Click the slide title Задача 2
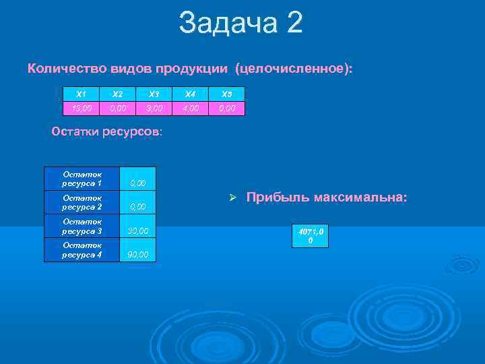point(241,23)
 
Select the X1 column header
point(81,94)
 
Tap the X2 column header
point(117,94)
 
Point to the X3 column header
point(154,94)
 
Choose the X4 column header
point(191,94)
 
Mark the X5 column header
point(227,94)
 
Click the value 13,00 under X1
point(81,109)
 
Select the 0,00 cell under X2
point(117,109)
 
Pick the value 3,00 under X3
point(154,109)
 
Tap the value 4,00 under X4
point(191,109)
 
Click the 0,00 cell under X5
point(227,109)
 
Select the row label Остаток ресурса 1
point(82,179)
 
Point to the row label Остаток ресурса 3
point(82,226)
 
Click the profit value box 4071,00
point(310,236)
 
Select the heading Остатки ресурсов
point(106,131)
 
